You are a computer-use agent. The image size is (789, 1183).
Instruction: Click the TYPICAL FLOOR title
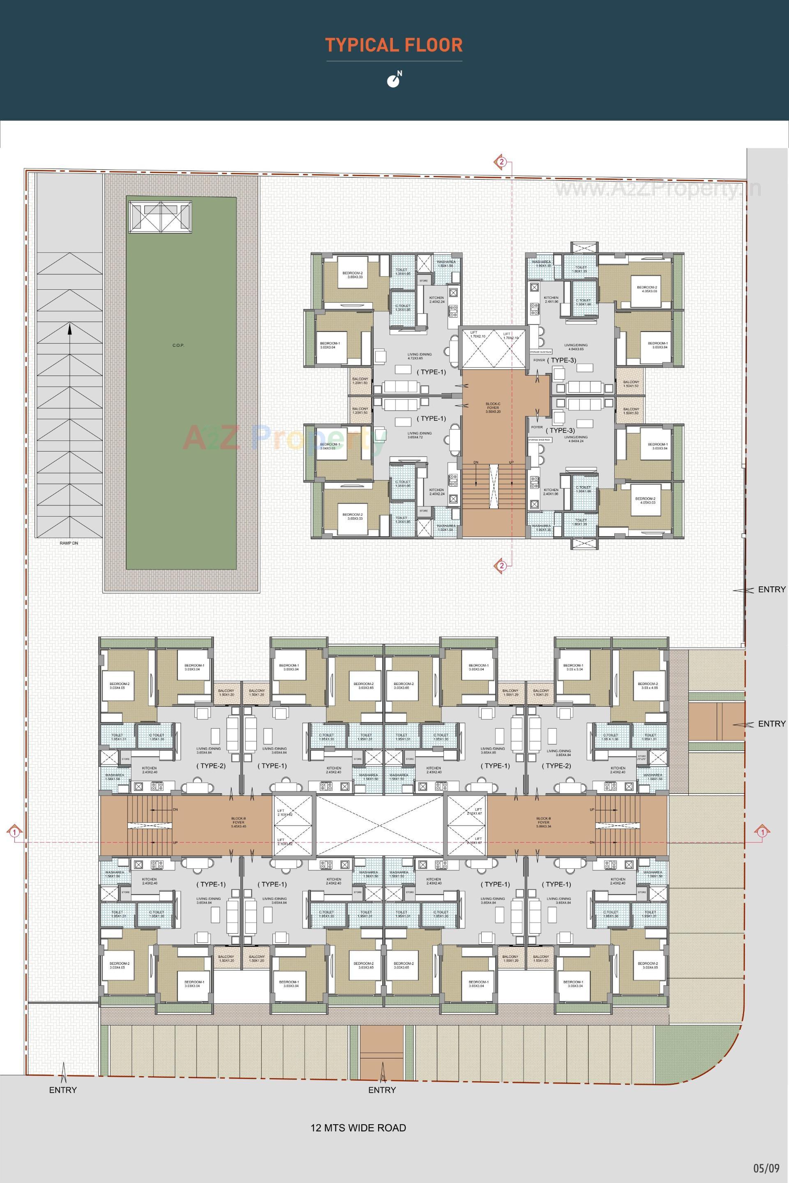click(394, 45)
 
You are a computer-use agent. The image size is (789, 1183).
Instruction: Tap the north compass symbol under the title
click(394, 80)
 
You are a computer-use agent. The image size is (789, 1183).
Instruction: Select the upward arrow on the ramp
click(69, 329)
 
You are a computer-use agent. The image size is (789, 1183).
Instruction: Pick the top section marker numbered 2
click(501, 162)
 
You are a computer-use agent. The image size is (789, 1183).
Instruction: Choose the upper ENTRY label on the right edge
click(771, 589)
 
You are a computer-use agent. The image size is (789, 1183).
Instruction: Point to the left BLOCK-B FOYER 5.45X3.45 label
click(238, 824)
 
